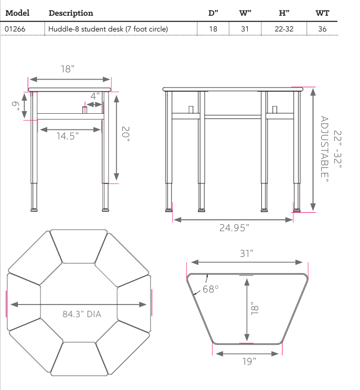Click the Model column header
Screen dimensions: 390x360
tap(18, 13)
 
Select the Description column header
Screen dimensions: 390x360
tap(70, 13)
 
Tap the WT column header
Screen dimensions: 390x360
tap(322, 13)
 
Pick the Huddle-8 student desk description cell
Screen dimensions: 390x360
tap(108, 29)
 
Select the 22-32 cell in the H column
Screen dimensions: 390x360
tap(284, 29)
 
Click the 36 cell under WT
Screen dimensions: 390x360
tap(322, 29)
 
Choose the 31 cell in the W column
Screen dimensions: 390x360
tap(245, 29)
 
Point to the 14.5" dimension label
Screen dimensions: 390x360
tap(68, 136)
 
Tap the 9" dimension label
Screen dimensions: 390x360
tap(16, 106)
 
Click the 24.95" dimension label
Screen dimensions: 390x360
tap(234, 227)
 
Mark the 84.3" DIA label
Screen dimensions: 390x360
tap(82, 315)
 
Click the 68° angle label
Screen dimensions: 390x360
tap(209, 289)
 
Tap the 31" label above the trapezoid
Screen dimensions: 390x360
tap(247, 253)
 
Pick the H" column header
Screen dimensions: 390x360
tap(284, 13)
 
